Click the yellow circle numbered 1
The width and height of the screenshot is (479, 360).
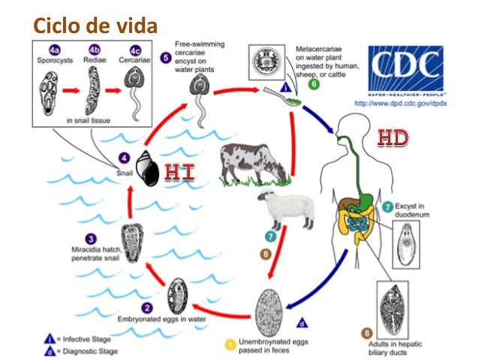coord(231,344)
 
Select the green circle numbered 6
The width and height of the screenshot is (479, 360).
coord(314,84)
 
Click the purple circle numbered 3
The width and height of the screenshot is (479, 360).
coord(91,238)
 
